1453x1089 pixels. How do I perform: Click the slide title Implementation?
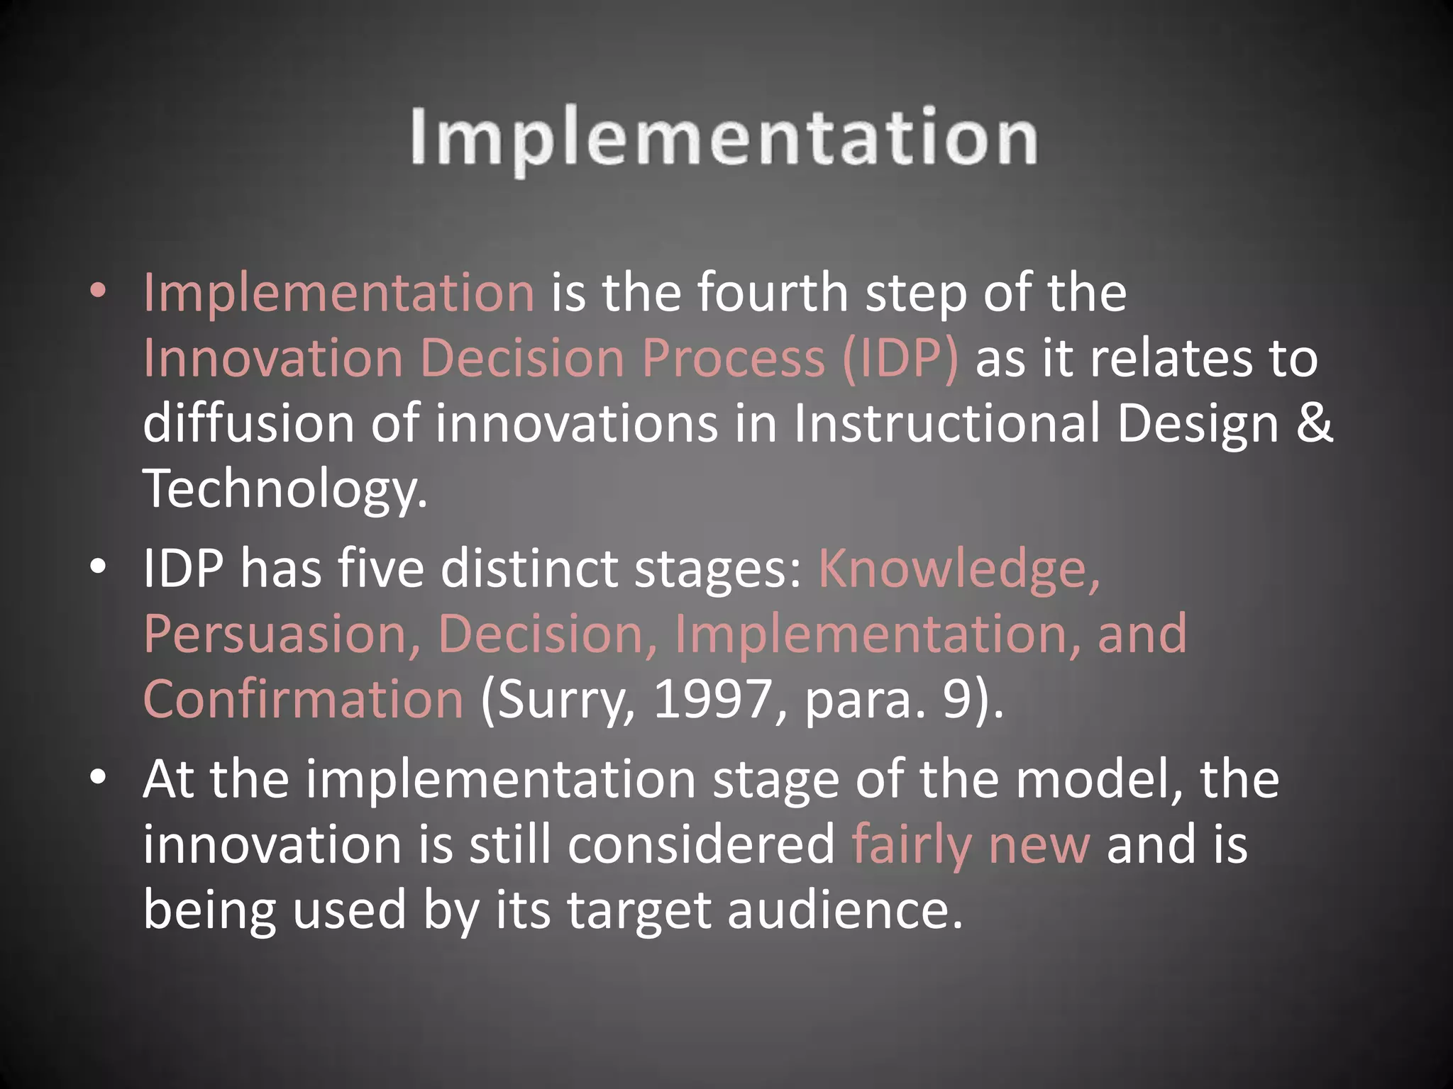(x=724, y=138)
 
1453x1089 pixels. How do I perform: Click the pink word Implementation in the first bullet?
(x=338, y=293)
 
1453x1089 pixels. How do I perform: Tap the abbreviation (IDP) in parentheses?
(x=900, y=358)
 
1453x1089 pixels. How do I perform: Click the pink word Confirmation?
(x=303, y=699)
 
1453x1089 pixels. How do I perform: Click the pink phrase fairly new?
(x=970, y=845)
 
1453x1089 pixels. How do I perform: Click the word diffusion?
(x=248, y=423)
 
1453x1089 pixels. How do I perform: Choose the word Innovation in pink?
(x=272, y=358)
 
